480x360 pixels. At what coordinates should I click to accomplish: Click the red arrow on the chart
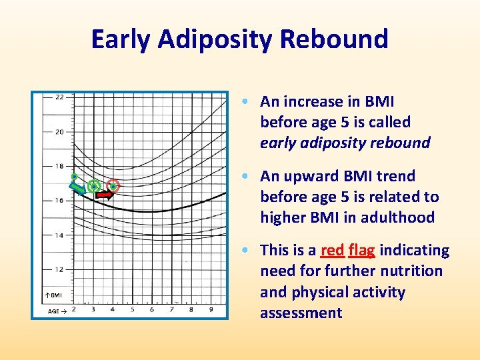point(104,195)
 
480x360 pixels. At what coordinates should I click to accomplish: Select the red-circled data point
point(113,185)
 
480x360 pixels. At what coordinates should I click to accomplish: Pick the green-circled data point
point(94,185)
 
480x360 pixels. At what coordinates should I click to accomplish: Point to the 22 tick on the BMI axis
point(59,97)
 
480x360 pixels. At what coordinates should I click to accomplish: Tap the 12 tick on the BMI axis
point(59,269)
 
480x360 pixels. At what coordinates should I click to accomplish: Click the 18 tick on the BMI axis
point(59,166)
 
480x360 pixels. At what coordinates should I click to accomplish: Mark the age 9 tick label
point(211,309)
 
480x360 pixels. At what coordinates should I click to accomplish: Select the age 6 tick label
point(151,309)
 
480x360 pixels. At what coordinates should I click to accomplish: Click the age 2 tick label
point(73,309)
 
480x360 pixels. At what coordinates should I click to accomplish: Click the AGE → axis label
point(56,311)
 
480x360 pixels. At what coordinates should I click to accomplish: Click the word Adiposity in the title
point(216,39)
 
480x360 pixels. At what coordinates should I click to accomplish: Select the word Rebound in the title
point(334,39)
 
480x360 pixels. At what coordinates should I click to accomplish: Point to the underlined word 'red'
point(332,251)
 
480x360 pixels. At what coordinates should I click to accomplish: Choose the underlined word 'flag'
point(362,251)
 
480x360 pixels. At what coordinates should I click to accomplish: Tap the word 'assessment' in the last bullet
point(301,313)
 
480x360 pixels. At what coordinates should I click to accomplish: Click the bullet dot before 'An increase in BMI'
point(247,102)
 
